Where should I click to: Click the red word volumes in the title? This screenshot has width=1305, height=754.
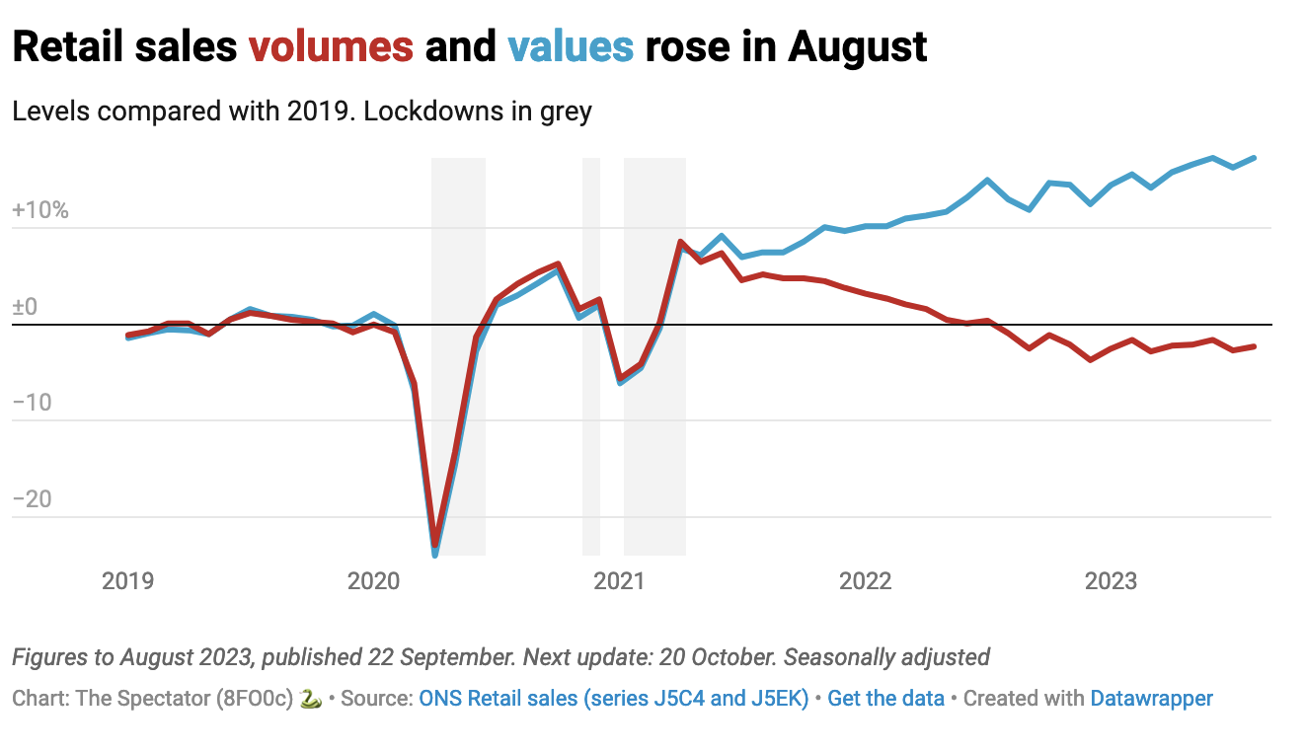pos(331,46)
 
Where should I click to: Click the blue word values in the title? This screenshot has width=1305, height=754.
pos(570,46)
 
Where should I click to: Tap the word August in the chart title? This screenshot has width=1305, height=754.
pos(857,46)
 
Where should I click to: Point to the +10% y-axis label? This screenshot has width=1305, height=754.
pos(40,210)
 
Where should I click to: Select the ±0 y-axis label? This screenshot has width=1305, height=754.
pos(25,307)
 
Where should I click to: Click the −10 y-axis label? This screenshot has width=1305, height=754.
pos(33,403)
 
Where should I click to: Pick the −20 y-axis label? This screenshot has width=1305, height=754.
pos(33,499)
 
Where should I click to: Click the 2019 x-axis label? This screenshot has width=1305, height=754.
pos(128,580)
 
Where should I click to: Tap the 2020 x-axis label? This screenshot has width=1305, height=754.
pos(374,580)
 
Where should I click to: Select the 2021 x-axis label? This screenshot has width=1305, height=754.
pos(619,580)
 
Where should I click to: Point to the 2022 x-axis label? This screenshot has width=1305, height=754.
pos(866,580)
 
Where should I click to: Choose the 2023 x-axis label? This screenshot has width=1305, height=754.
pos(1112,580)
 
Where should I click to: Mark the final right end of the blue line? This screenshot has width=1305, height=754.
pos(1254,158)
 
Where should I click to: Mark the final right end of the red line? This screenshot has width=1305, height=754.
pos(1254,346)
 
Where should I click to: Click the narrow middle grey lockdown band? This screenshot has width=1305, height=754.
pos(591,355)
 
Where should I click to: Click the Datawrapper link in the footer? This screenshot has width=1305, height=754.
pos(1151,699)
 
